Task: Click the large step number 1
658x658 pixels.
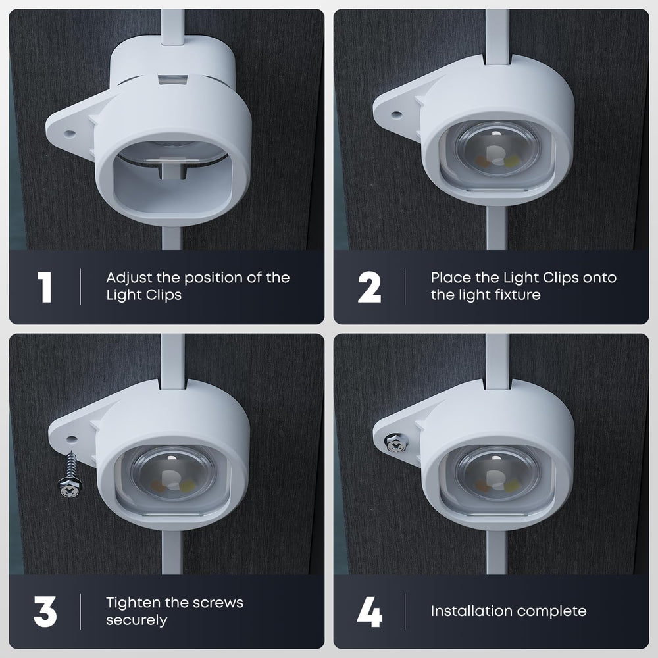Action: coord(45,287)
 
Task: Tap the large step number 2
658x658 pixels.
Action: coord(369,287)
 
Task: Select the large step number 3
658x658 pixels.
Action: coord(45,612)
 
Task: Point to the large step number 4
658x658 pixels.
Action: coord(370,612)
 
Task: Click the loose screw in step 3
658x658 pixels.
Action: coord(70,474)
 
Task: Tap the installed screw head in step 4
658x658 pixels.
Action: coord(395,443)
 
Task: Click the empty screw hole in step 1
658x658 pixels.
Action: coord(70,134)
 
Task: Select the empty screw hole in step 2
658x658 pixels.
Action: coord(396,114)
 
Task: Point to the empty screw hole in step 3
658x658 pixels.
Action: coord(72,440)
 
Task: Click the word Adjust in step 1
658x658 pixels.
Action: coord(129,278)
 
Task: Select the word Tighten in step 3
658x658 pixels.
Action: coord(133,603)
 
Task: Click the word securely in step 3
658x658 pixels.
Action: coord(137,620)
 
